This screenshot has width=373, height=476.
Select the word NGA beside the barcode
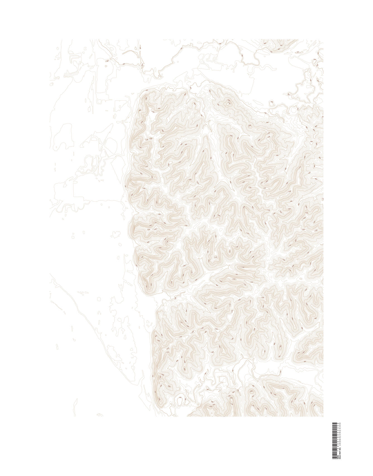(340, 457)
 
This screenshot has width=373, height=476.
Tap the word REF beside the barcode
(340, 453)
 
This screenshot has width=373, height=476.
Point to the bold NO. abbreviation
(340, 449)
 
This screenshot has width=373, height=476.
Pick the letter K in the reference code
(340, 432)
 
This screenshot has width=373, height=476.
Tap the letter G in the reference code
(340, 441)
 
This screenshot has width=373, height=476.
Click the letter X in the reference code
(340, 438)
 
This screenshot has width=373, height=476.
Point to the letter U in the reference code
(340, 445)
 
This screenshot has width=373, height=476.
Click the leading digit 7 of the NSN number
(338, 451)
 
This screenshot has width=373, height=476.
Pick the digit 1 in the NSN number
(338, 439)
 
